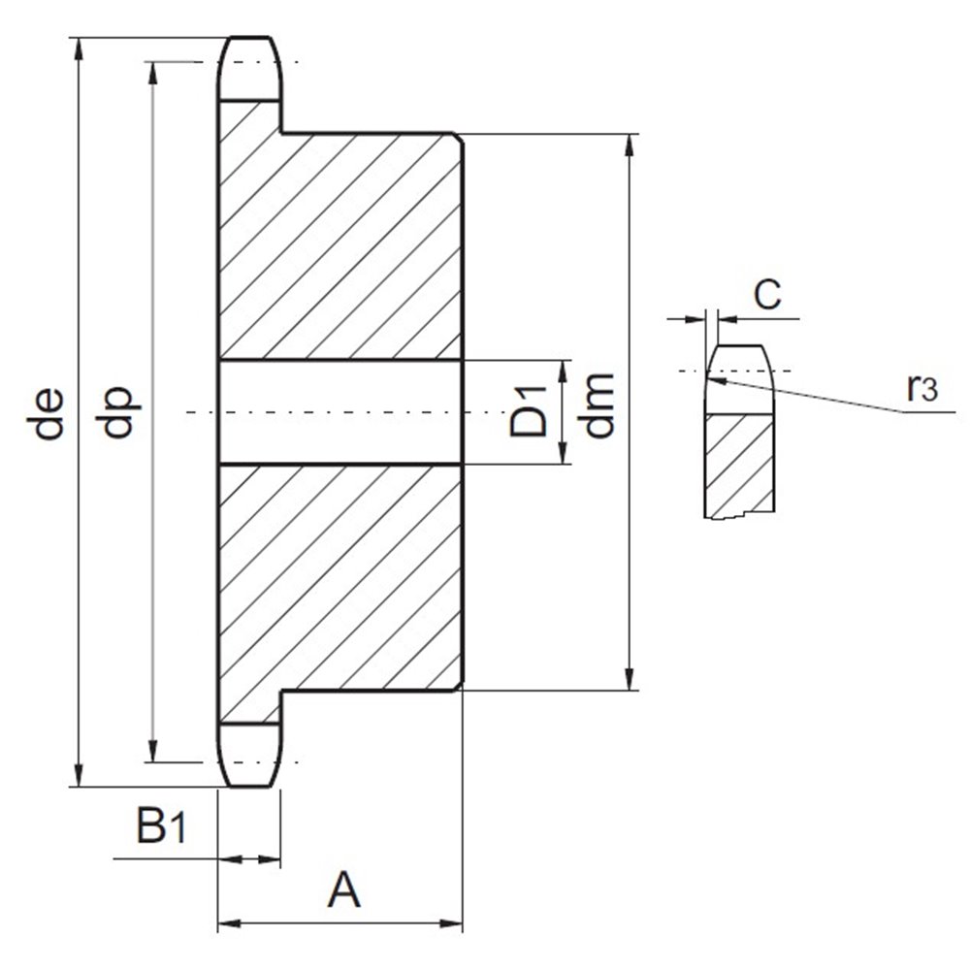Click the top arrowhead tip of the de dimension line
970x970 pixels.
[x=78, y=39]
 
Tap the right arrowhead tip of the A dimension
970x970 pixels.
[x=463, y=924]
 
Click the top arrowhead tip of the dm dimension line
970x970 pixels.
[x=630, y=134]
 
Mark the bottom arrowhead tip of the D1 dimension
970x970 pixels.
[x=563, y=464]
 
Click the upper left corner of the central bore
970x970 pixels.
[x=218, y=360]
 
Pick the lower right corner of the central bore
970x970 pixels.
[x=462, y=464]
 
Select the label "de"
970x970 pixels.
[x=46, y=413]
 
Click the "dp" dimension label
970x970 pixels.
[x=116, y=412]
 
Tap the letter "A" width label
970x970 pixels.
[x=344, y=889]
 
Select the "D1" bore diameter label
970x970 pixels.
[x=529, y=411]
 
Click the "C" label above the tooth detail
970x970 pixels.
[x=767, y=294]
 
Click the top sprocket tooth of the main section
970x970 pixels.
[x=250, y=69]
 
